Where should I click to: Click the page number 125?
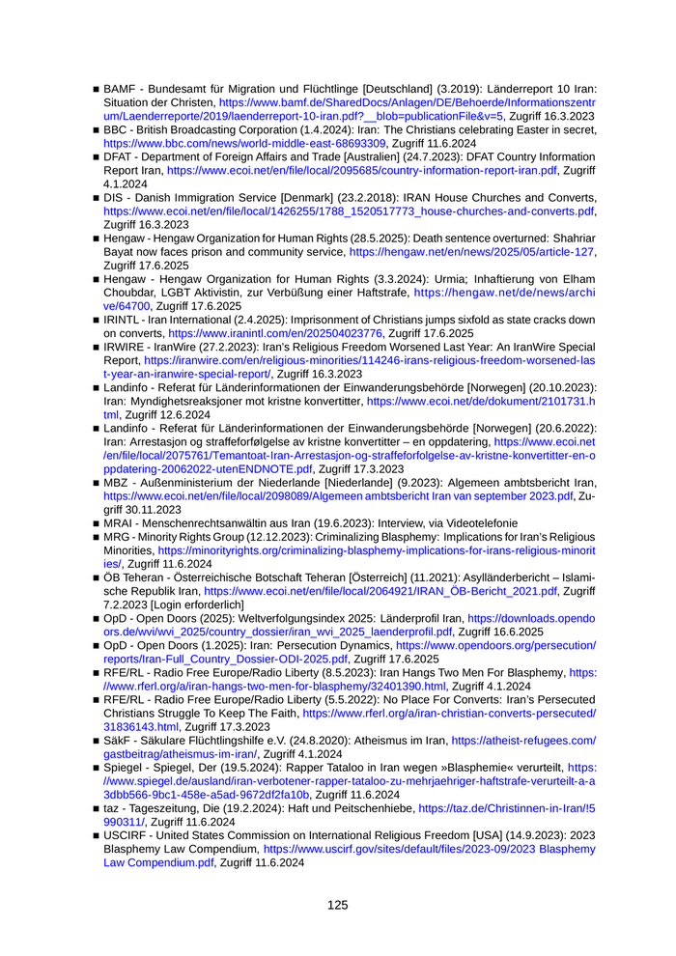coord(337,905)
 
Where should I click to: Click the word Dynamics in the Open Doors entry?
coord(378,644)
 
